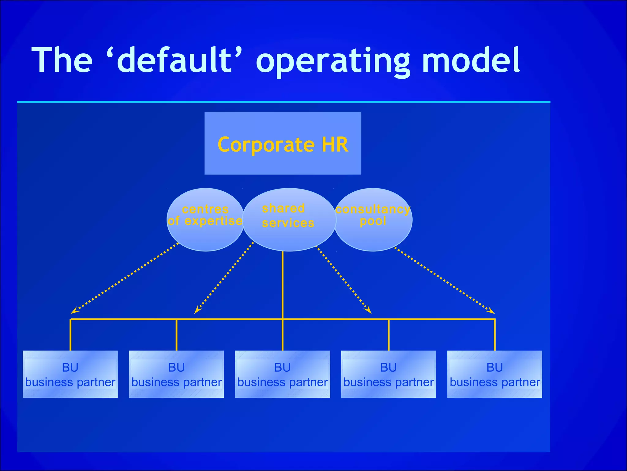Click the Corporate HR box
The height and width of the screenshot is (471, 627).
[x=283, y=143]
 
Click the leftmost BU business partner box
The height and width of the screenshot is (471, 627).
[x=70, y=374]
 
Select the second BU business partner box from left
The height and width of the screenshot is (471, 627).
[x=176, y=374]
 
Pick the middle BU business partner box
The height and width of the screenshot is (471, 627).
[x=282, y=374]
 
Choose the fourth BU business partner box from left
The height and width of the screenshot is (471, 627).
[x=389, y=374]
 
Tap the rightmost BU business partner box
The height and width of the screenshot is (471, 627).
[x=494, y=374]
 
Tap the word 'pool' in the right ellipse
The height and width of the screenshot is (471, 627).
[x=373, y=221]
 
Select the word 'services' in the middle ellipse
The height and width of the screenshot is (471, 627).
[x=288, y=223]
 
